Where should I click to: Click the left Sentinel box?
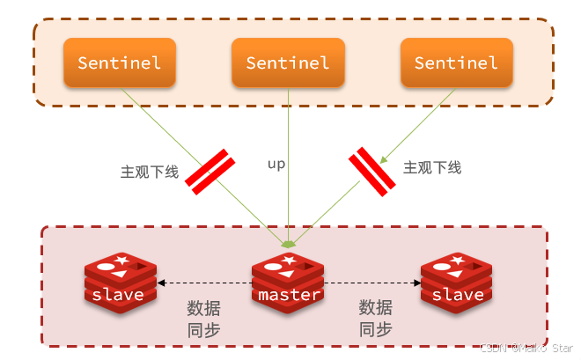tap(120, 62)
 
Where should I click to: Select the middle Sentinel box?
tap(288, 62)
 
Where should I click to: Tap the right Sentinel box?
tap(456, 62)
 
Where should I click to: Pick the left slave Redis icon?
tap(119, 279)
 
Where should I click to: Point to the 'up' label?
tap(276, 164)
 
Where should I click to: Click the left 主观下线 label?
tap(149, 172)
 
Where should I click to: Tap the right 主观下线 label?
tap(432, 167)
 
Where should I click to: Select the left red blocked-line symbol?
tap(210, 172)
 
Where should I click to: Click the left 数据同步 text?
tap(203, 319)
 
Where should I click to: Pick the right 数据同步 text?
tap(375, 319)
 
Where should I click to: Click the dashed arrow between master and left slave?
tap(203, 283)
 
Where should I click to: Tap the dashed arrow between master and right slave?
tap(373, 283)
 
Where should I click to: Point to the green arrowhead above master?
tap(288, 243)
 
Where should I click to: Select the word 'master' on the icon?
tap(288, 295)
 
